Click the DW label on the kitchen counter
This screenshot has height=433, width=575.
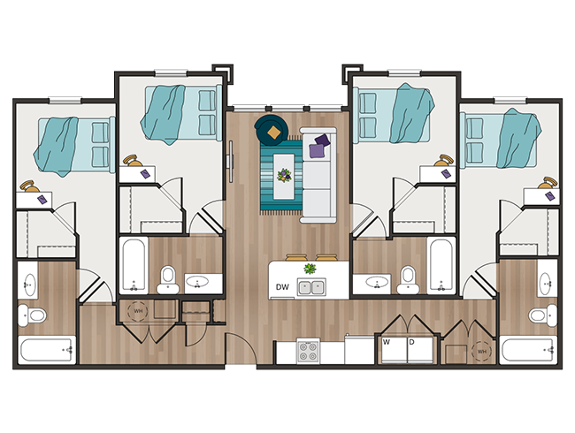tap(283, 287)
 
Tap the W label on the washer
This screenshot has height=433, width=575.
tap(387, 341)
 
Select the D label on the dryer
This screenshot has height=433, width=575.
tap(411, 341)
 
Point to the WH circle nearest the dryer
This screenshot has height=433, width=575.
tap(481, 351)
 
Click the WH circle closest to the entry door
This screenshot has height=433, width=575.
tap(139, 311)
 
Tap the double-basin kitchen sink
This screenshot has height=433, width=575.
tap(310, 286)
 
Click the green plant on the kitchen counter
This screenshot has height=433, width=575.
tap(310, 268)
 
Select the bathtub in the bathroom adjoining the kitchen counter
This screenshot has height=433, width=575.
tap(440, 264)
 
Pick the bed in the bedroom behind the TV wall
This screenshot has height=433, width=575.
tap(181, 113)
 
